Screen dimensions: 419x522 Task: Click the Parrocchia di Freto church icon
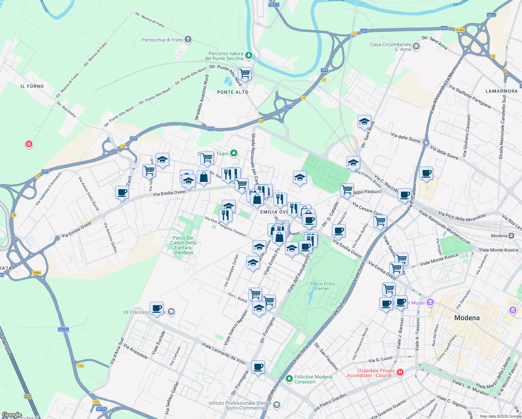click(188, 39)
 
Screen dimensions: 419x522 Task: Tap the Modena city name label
click(467, 318)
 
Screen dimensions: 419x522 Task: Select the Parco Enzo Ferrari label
click(322, 286)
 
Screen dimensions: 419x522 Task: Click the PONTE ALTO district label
click(233, 92)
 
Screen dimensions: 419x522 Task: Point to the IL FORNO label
click(32, 86)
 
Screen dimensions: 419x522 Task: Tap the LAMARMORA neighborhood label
click(501, 91)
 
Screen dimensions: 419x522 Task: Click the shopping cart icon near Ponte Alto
click(245, 74)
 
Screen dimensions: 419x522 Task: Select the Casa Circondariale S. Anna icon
click(416, 46)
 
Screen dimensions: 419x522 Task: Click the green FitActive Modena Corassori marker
click(289, 378)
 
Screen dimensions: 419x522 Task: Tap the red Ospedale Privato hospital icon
click(400, 373)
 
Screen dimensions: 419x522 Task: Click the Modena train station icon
click(512, 235)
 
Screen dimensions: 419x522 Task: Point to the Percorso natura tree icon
click(248, 55)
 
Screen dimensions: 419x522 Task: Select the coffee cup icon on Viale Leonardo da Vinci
click(258, 367)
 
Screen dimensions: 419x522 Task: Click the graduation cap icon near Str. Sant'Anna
click(364, 122)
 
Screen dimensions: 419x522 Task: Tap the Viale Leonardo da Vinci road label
click(224, 354)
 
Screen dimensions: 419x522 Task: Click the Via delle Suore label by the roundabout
click(405, 138)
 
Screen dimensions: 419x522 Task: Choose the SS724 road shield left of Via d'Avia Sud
click(64, 329)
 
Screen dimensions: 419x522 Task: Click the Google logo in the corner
click(12, 415)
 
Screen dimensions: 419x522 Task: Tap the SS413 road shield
click(274, 5)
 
